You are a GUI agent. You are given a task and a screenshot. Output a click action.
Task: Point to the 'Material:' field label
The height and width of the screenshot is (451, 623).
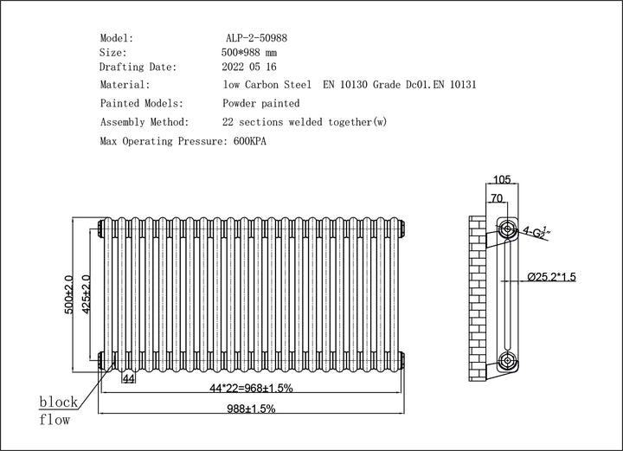pos(125,85)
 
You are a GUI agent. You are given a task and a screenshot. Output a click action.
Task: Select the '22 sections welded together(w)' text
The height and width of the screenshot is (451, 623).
pos(304,122)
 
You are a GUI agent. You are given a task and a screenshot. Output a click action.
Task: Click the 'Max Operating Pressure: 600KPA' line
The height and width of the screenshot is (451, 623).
pos(183,140)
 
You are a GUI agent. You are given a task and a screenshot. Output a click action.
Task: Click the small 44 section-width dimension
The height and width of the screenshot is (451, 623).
pos(128,379)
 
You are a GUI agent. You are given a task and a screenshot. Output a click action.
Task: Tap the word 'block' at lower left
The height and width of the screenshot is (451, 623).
pos(58,403)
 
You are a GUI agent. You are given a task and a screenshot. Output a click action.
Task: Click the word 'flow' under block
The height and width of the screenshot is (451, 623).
pos(54,421)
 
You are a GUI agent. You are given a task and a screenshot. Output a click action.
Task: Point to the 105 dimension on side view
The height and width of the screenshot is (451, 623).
pos(501,180)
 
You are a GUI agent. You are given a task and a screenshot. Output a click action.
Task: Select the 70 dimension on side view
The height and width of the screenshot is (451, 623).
pos(496,198)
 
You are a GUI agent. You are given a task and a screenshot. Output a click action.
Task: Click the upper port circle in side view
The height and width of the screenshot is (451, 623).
pos(506,229)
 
